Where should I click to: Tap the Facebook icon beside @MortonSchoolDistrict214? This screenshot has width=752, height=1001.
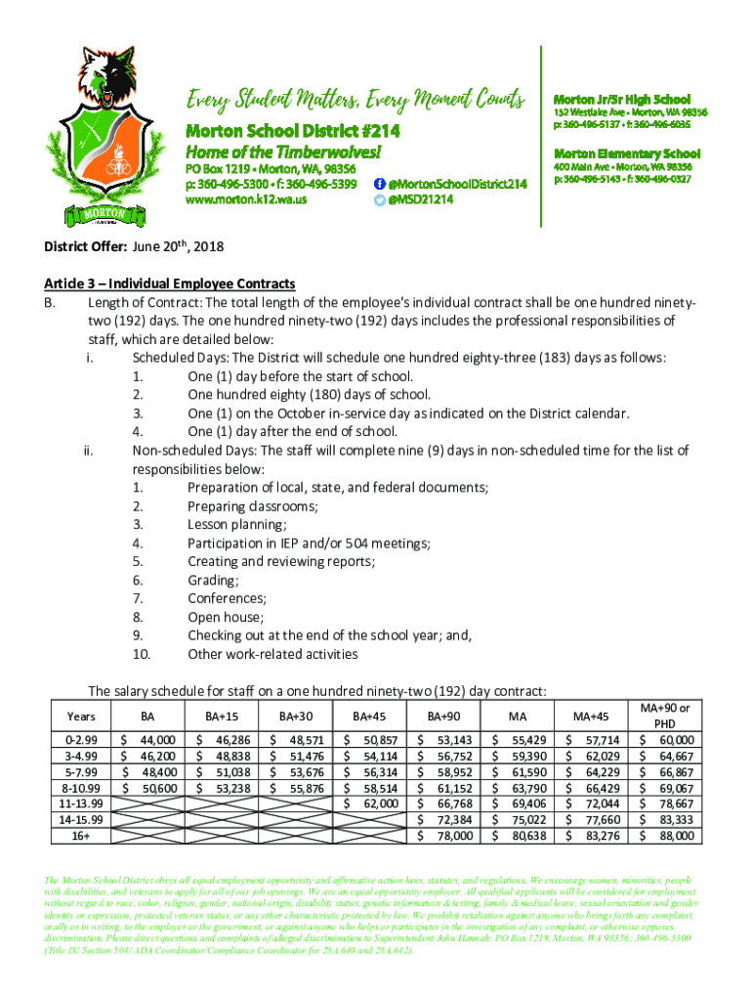coord(380,184)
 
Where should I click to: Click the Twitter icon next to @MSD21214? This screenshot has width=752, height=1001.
coord(380,199)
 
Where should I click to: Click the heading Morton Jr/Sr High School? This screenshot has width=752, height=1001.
coord(622,99)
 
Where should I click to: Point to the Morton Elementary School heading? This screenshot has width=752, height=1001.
coord(627,153)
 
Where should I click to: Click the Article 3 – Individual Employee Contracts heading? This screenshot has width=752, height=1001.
coord(169,283)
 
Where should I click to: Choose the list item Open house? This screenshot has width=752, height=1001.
coord(226,617)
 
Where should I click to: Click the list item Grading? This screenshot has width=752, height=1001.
coord(213,580)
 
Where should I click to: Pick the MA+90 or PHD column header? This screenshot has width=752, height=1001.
coord(664,716)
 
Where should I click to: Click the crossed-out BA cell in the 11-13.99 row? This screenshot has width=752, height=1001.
coord(149,804)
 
